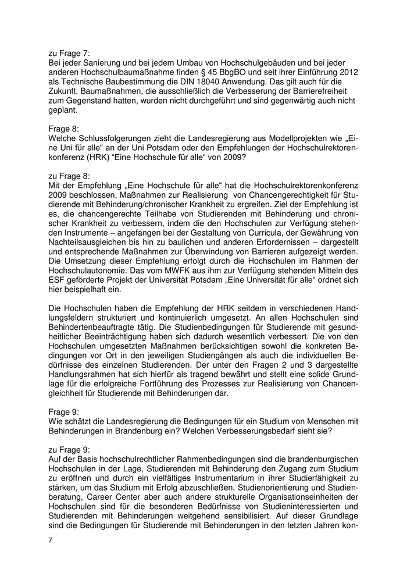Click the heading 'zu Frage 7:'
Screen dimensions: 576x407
(x=70, y=52)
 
